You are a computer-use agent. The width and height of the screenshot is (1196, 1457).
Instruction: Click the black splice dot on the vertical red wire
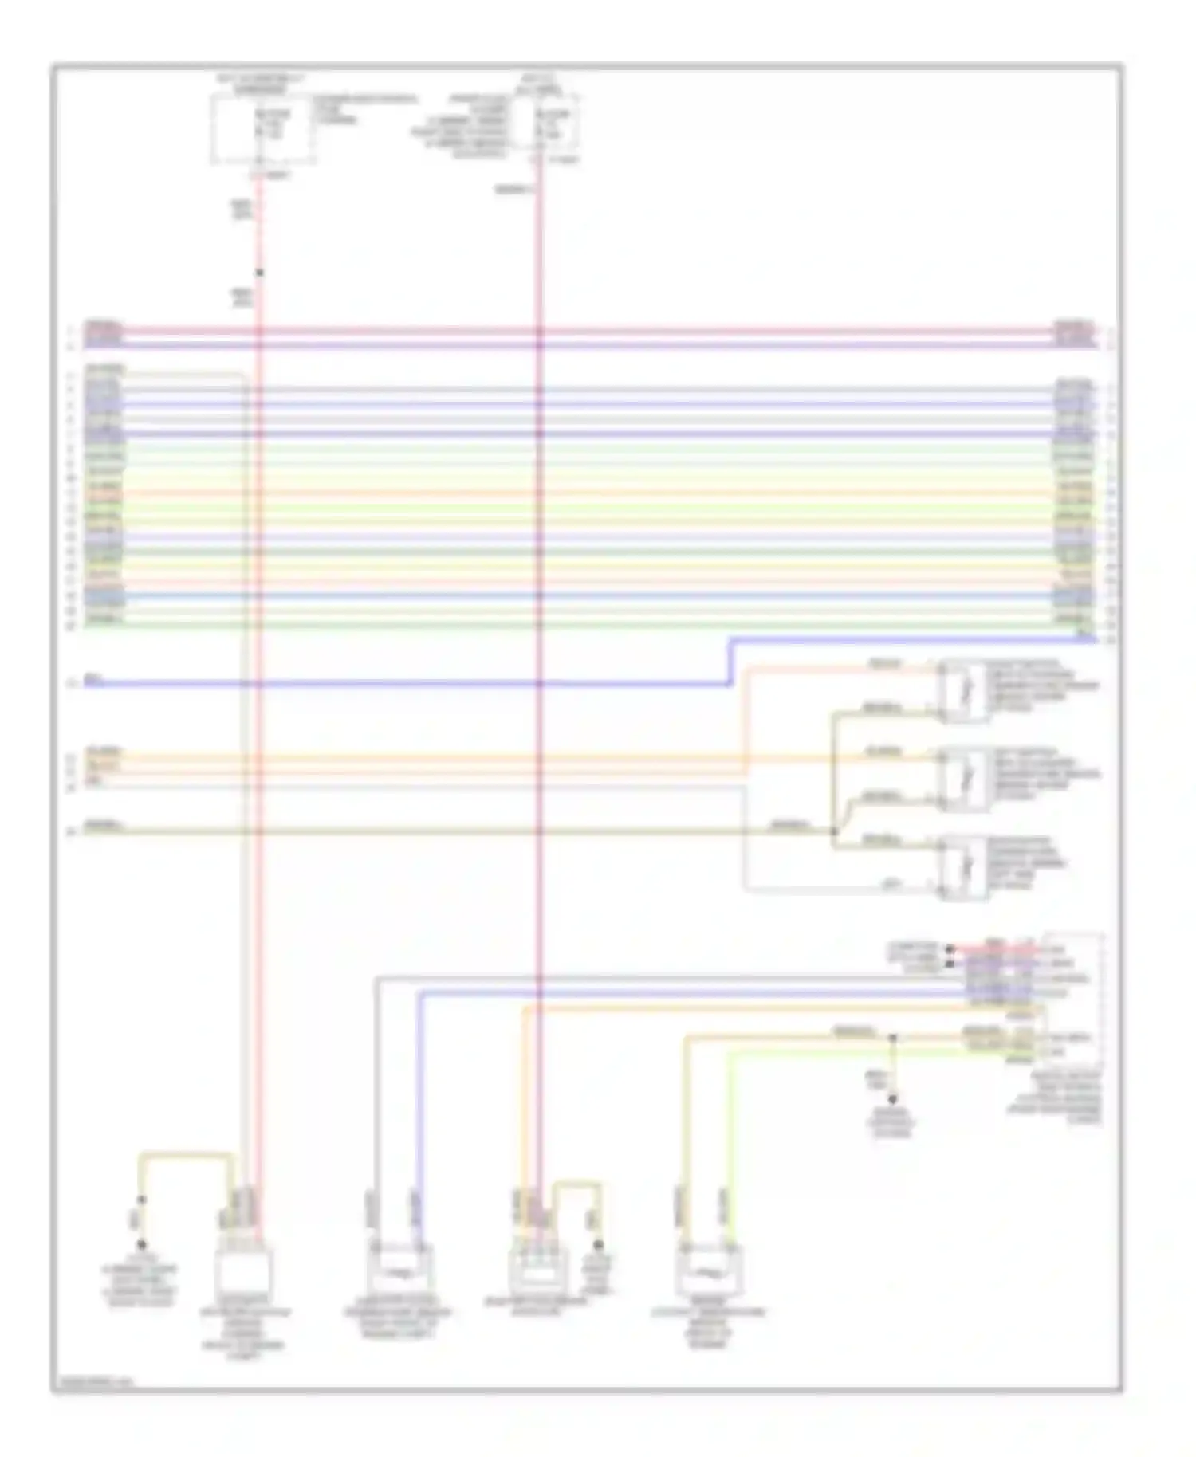coord(259,273)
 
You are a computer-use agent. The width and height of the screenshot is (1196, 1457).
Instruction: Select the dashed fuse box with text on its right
coord(262,128)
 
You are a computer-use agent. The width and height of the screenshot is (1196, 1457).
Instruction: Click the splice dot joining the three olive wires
coord(834,831)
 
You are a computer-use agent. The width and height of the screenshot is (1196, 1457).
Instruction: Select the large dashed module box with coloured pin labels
coord(1072,999)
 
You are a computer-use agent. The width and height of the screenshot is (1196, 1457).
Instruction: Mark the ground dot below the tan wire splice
coord(892,1099)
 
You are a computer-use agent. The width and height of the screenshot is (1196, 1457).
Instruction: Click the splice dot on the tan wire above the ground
coord(892,1038)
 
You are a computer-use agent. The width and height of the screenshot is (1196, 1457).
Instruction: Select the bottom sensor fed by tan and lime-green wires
coord(708,1274)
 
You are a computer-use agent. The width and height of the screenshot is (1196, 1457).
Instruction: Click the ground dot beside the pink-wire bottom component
coord(598,1244)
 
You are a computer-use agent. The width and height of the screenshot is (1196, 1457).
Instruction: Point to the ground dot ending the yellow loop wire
coord(142,1244)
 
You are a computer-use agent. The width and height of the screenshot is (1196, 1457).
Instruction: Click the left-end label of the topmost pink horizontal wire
coord(104,328)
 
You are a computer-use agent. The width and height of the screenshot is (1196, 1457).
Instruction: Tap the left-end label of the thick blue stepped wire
coord(94,682)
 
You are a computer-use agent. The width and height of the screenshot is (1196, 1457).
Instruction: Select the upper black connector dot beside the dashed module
coord(950,949)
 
